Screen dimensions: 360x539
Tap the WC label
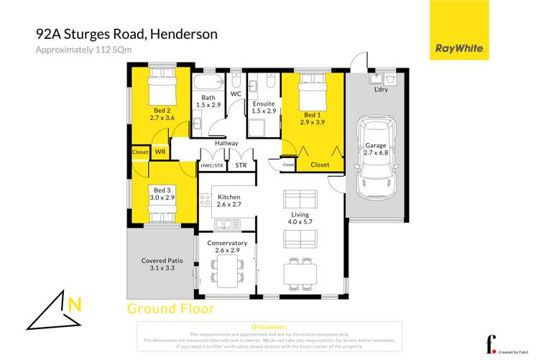click(x=236, y=94)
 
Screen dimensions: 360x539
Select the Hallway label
click(x=226, y=143)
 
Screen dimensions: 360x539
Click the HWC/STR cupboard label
click(x=211, y=165)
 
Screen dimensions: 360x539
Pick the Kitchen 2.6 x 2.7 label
click(x=229, y=200)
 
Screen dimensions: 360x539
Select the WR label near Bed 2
click(x=160, y=152)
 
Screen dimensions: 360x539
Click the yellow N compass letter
click(x=74, y=305)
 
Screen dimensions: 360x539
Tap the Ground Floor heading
click(x=170, y=309)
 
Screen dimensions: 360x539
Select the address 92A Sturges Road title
click(x=126, y=34)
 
